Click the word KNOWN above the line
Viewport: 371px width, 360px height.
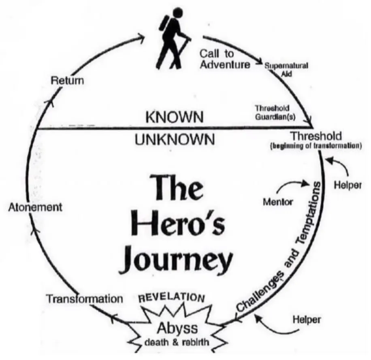(x=174, y=117)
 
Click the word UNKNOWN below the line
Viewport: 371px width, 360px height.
(x=174, y=140)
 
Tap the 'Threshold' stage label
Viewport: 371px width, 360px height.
(x=322, y=136)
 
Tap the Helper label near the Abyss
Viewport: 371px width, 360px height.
(x=307, y=320)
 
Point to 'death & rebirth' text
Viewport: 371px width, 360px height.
(x=177, y=342)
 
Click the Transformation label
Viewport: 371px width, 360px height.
(x=84, y=299)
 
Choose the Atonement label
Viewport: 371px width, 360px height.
(x=35, y=207)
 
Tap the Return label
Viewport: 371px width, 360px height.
(x=67, y=80)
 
